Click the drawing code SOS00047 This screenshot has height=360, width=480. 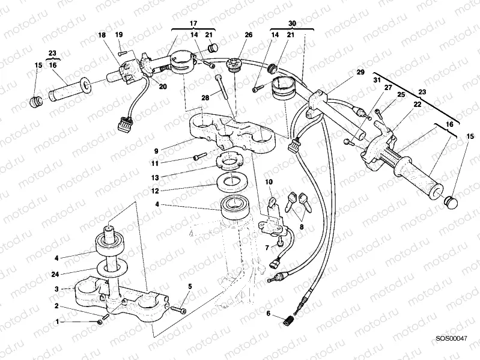click(x=451, y=339)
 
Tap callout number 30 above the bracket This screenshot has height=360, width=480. click(x=292, y=23)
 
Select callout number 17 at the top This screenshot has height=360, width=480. click(x=193, y=23)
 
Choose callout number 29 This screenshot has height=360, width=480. click(x=360, y=72)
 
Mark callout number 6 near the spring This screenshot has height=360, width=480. click(x=269, y=314)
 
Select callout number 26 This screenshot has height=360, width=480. click(x=248, y=35)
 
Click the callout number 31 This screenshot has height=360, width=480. click(x=377, y=81)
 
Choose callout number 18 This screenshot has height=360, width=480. click(x=102, y=35)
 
